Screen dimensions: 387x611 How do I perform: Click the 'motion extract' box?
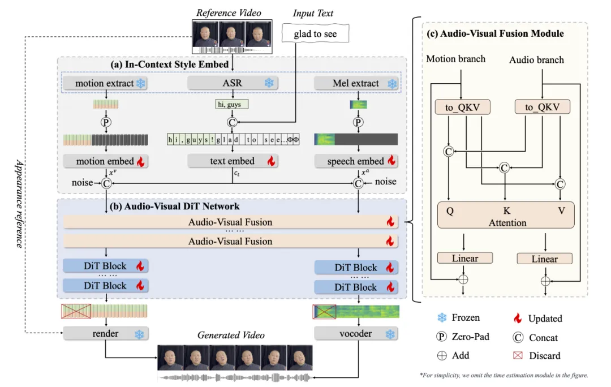pos(105,84)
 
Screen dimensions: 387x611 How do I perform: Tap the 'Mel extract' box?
pos(356,84)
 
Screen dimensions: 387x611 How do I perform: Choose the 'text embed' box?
pos(232,161)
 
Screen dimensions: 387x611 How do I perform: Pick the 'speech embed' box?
pos(356,161)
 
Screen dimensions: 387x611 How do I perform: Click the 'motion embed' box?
pos(105,161)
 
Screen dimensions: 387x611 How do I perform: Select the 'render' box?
pos(105,334)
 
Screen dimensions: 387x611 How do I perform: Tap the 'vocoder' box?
pos(356,334)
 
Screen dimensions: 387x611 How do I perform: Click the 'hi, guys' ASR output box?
pos(232,104)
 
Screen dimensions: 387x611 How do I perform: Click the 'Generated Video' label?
pos(231,335)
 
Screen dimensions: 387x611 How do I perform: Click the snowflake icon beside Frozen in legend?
pos(442,319)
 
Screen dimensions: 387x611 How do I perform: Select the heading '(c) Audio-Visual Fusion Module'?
pos(494,34)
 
